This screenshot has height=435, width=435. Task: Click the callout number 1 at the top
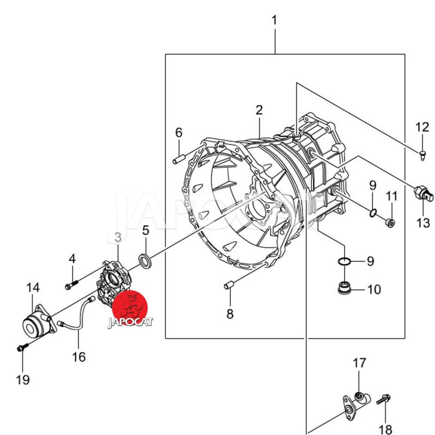pos(275,21)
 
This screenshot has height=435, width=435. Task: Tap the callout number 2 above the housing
pos(259,110)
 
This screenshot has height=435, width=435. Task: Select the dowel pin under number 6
pos(178,159)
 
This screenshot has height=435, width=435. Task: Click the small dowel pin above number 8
pos(229,285)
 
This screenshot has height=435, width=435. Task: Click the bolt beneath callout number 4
pos(71,283)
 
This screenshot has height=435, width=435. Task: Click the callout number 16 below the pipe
pos(79,357)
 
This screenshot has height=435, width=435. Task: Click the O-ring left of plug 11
pos(372,213)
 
